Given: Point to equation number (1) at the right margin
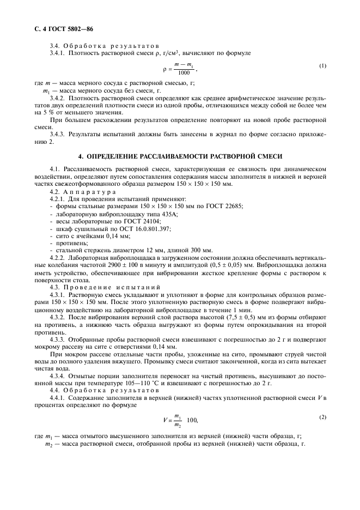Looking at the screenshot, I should point(323,66).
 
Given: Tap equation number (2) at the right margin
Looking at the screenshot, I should point(323,417).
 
